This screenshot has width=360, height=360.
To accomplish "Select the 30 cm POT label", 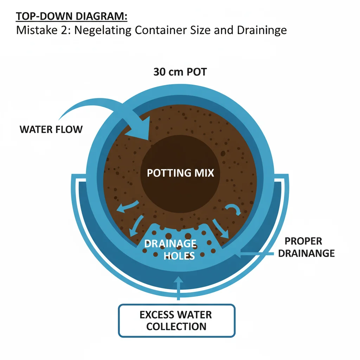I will point(180,72).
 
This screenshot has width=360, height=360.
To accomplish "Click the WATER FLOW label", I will point(51,129).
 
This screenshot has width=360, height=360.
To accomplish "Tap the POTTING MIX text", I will point(180,173).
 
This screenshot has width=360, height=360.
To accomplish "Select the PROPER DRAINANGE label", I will point(306,247).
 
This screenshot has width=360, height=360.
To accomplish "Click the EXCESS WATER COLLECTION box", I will point(176,320).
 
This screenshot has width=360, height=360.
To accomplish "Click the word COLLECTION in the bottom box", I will point(176,326).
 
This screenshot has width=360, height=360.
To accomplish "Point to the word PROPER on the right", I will point(303,241).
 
